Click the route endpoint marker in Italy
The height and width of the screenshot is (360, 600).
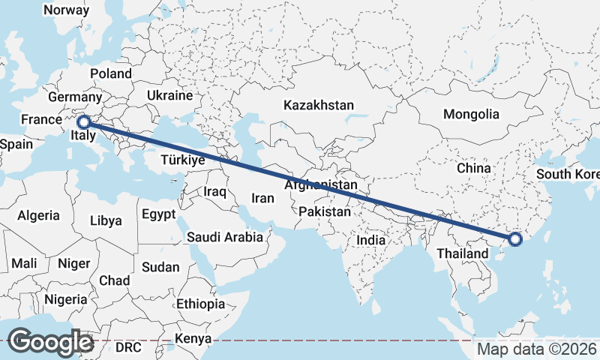pos(84,121)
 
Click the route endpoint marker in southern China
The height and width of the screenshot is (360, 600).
pos(515,239)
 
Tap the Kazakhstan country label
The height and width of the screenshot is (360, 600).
pos(318,106)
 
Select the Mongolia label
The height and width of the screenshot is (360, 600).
pos(471,114)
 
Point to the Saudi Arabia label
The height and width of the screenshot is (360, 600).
pos(225,237)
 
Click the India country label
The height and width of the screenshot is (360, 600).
pos(370,240)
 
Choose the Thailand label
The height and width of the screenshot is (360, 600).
pos(463,253)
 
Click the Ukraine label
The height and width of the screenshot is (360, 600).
pos(169,96)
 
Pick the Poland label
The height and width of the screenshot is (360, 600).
pos(110,73)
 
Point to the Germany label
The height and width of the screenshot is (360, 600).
pos(75,97)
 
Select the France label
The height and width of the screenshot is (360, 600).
pos(40,119)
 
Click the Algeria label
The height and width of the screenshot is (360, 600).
pos(38,215)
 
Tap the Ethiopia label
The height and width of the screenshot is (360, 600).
pos(200,304)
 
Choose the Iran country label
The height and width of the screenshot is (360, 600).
pos(262,198)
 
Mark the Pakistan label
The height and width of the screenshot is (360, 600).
pos(324,212)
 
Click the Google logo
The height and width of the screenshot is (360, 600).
pos(50,341)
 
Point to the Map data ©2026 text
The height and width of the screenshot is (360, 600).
pos(537,349)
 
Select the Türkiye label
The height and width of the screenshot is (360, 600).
pos(183,160)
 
